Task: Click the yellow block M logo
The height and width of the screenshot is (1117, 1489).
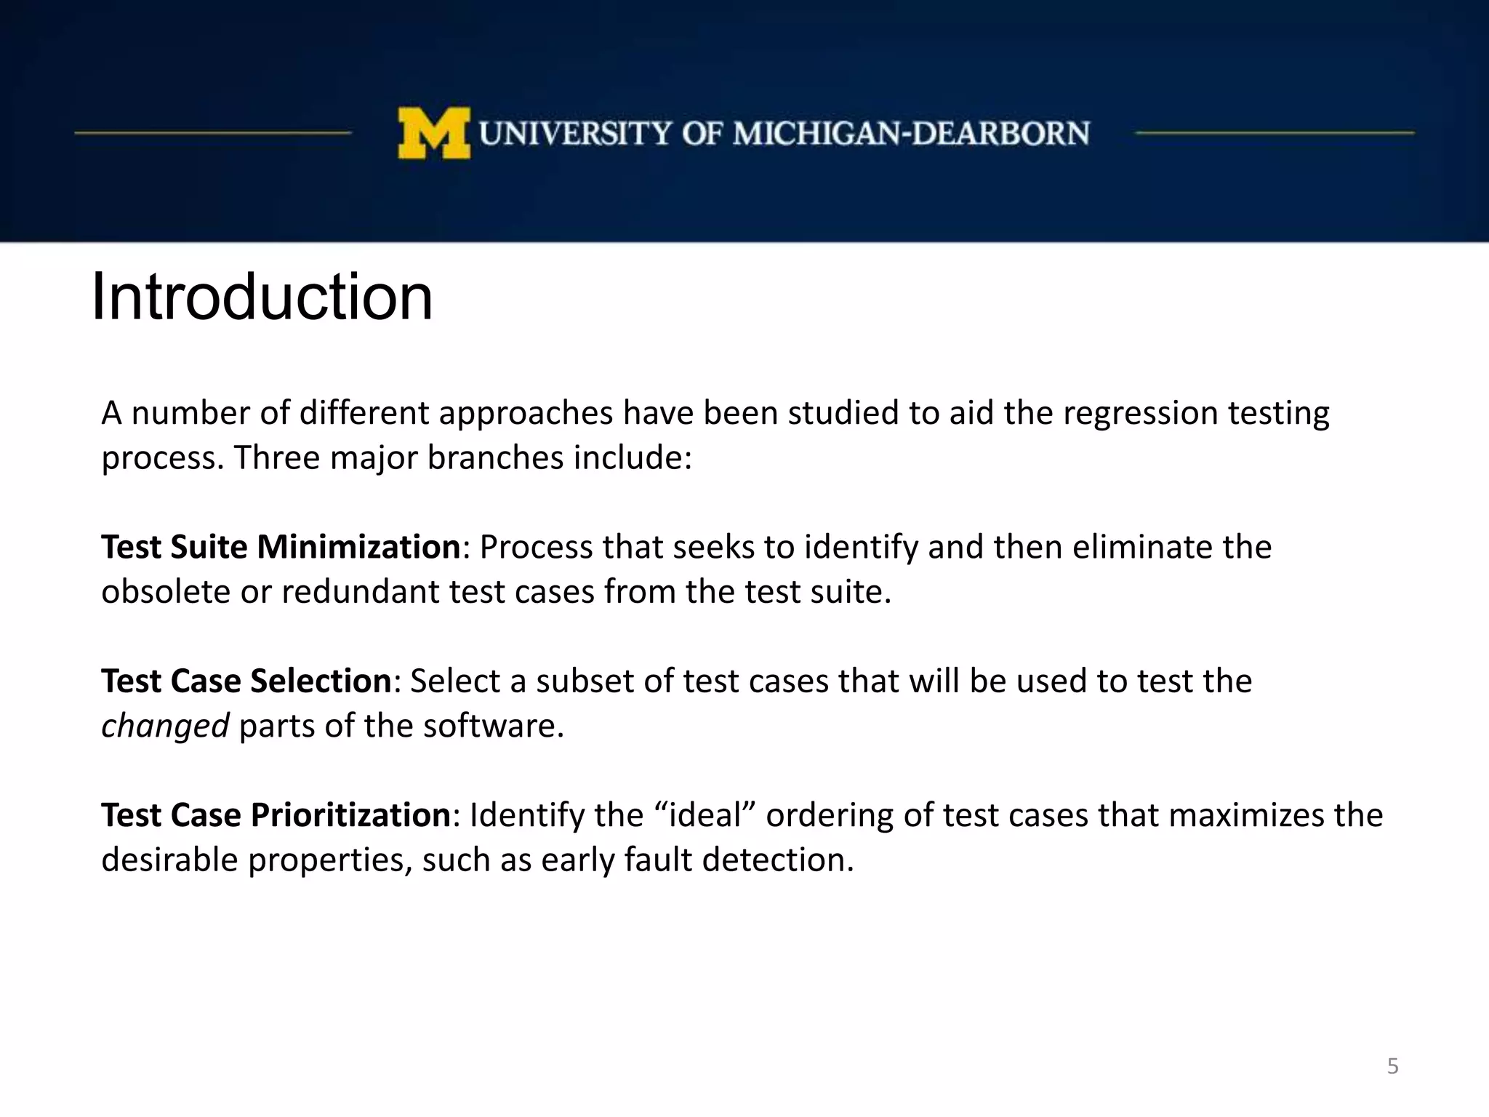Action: [434, 133]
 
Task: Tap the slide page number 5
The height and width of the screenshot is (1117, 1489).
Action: [1392, 1066]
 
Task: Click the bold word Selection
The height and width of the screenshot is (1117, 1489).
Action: [321, 681]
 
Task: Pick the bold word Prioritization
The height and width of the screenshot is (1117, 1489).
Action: [350, 815]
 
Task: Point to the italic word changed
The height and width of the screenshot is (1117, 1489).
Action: [165, 726]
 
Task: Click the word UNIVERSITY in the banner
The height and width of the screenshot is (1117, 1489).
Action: [575, 134]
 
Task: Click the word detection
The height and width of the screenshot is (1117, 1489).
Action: [777, 860]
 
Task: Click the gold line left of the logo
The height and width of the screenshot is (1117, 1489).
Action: [212, 133]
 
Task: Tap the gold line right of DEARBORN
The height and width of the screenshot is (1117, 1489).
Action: [1275, 133]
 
